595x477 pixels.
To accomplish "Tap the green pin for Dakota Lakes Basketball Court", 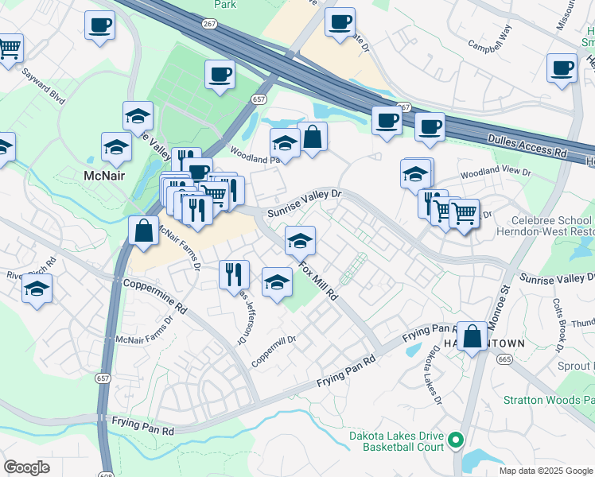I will click(456, 439).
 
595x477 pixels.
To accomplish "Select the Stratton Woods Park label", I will click(549, 400).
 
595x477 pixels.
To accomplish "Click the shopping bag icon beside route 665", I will click(472, 336).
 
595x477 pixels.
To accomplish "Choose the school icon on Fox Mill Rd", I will click(300, 240).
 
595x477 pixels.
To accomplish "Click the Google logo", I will click(27, 467).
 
